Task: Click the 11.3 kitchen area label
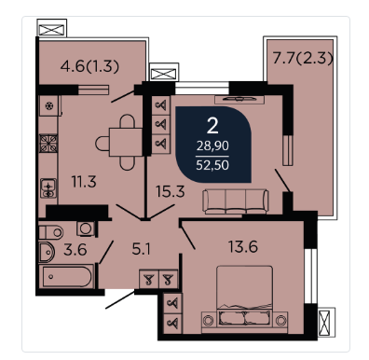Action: (84, 182)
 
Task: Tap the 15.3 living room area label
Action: (171, 191)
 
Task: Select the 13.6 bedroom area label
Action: (243, 247)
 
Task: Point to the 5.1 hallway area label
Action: (142, 249)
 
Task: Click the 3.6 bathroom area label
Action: (75, 250)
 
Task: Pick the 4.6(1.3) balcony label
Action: (89, 66)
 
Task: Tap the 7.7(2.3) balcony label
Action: (303, 58)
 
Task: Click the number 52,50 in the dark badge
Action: (212, 165)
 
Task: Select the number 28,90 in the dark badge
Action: (212, 145)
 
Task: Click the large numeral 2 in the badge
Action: (212, 126)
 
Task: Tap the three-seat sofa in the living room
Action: (236, 201)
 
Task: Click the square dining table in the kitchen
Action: (126, 143)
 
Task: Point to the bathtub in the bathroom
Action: (66, 275)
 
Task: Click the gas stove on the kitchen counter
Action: (48, 144)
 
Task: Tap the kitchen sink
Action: (48, 188)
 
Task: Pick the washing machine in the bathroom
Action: (86, 228)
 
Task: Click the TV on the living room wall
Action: (239, 99)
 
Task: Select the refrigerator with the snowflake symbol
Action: (49, 106)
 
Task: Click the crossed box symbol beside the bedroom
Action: (326, 323)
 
